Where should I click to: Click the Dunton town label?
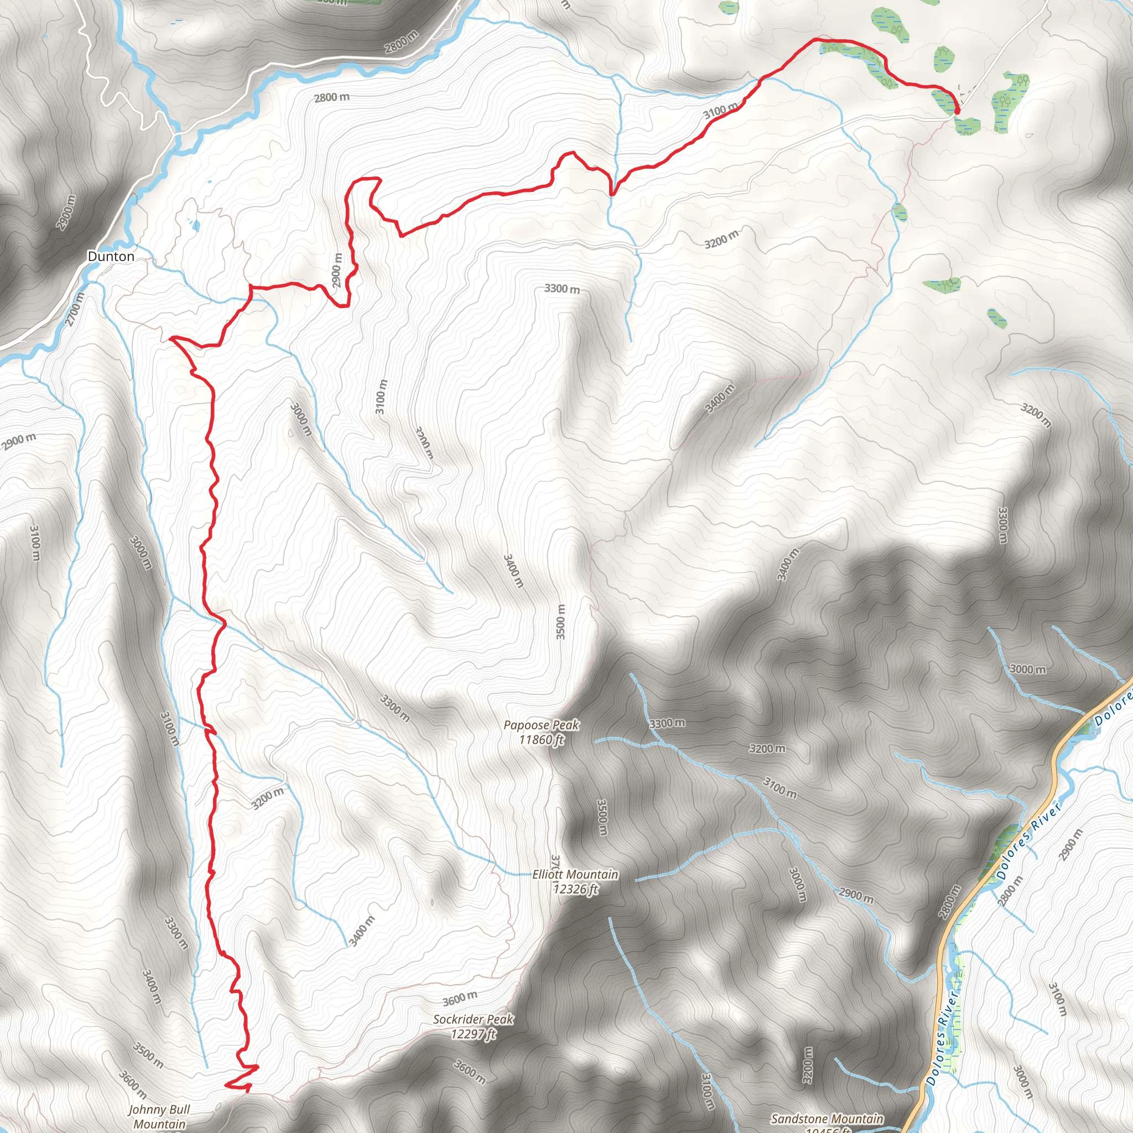click(x=111, y=256)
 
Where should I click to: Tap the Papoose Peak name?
click(x=540, y=725)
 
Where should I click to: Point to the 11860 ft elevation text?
click(x=540, y=740)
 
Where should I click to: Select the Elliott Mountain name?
click(x=575, y=875)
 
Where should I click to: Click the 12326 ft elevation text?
click(x=575, y=889)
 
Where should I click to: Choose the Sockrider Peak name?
click(x=473, y=1019)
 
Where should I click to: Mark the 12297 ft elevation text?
click(x=473, y=1034)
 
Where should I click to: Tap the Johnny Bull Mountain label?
click(x=159, y=1116)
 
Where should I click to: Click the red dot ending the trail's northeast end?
click(x=957, y=110)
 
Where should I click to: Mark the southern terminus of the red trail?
click(x=226, y=1085)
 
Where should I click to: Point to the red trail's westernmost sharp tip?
click(x=170, y=339)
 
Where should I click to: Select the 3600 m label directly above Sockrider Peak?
click(x=460, y=997)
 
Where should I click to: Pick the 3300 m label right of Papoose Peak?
click(x=667, y=724)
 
